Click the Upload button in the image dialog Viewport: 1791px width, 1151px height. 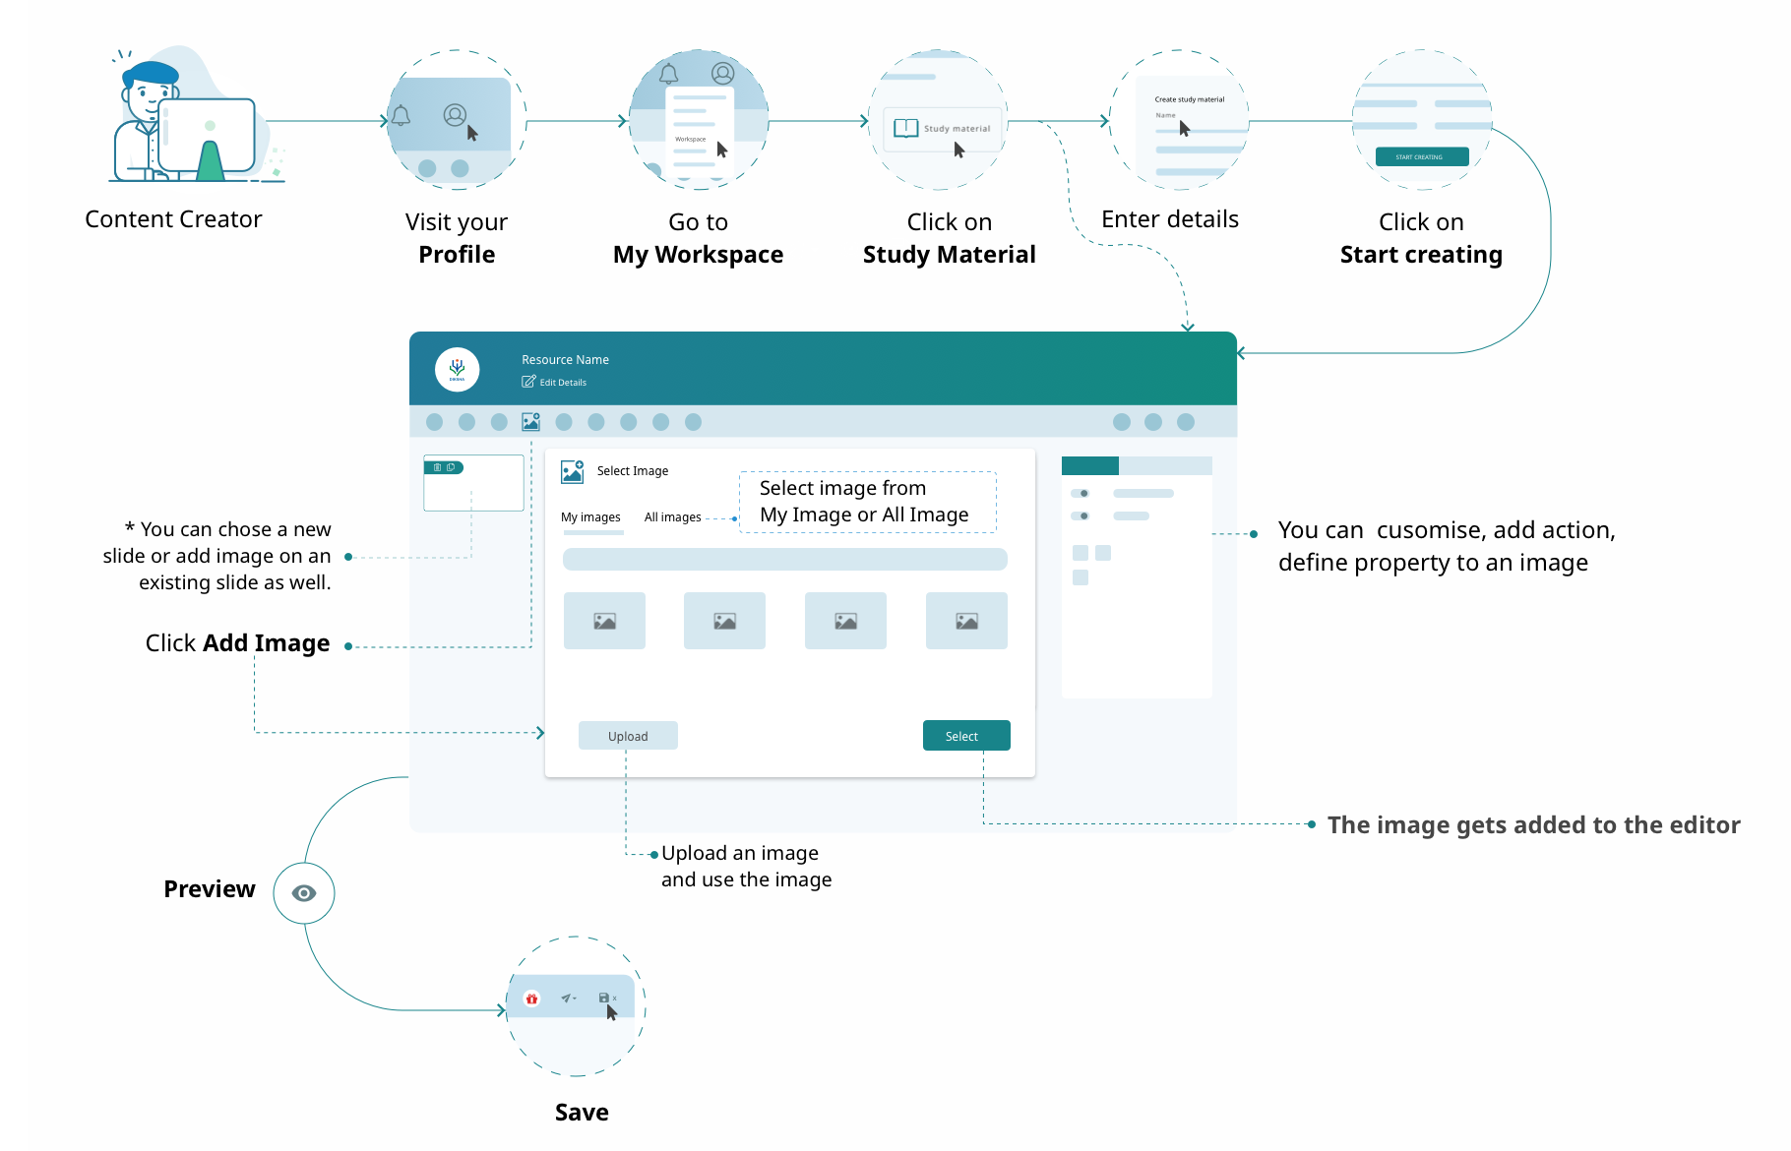[x=628, y=736]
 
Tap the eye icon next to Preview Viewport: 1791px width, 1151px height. [x=304, y=893]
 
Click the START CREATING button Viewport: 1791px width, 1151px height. [x=1419, y=156]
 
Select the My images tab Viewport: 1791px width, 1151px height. [x=590, y=517]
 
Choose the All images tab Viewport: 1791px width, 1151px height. [x=673, y=517]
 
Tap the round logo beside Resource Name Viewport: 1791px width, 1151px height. [x=458, y=369]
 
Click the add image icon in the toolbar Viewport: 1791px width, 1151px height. [x=531, y=422]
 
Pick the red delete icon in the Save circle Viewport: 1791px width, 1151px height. [x=531, y=999]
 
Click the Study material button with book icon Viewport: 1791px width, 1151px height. [x=943, y=129]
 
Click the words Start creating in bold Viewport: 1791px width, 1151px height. [x=1421, y=255]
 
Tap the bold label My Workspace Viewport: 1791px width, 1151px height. [x=698, y=255]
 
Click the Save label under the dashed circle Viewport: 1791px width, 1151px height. [x=582, y=1113]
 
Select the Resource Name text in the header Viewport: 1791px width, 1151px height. [x=565, y=360]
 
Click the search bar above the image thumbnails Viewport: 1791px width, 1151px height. [x=784, y=560]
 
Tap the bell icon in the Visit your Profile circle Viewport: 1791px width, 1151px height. [x=401, y=116]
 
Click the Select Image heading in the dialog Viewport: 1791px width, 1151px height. [x=633, y=471]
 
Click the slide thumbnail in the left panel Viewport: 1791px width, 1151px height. [x=473, y=484]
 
